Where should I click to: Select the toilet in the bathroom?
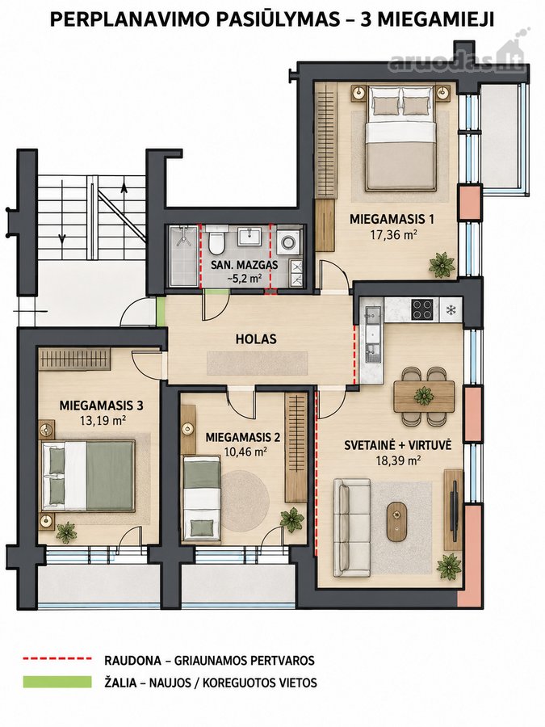pos(216,241)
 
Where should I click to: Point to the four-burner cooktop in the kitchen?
pos(423,309)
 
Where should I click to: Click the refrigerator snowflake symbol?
pos(450,309)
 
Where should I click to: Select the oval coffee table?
pos(397,522)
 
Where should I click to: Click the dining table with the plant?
pos(424,396)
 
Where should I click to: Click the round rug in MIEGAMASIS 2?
pos(245,494)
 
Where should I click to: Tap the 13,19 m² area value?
pos(101,421)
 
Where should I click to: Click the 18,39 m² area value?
pos(397,460)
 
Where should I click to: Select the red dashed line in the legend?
pos(57,658)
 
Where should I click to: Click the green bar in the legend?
pos(57,681)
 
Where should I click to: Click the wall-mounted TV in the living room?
pos(454,507)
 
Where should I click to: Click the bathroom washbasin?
pos(250,237)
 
